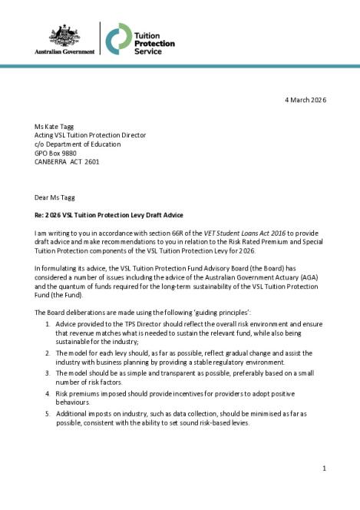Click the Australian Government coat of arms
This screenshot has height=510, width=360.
(x=64, y=36)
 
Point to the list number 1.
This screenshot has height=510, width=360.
(x=48, y=325)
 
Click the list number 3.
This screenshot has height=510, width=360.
(x=48, y=373)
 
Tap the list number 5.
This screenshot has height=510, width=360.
(x=48, y=413)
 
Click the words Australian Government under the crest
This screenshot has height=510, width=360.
(x=64, y=51)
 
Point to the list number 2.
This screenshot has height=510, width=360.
(x=48, y=352)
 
